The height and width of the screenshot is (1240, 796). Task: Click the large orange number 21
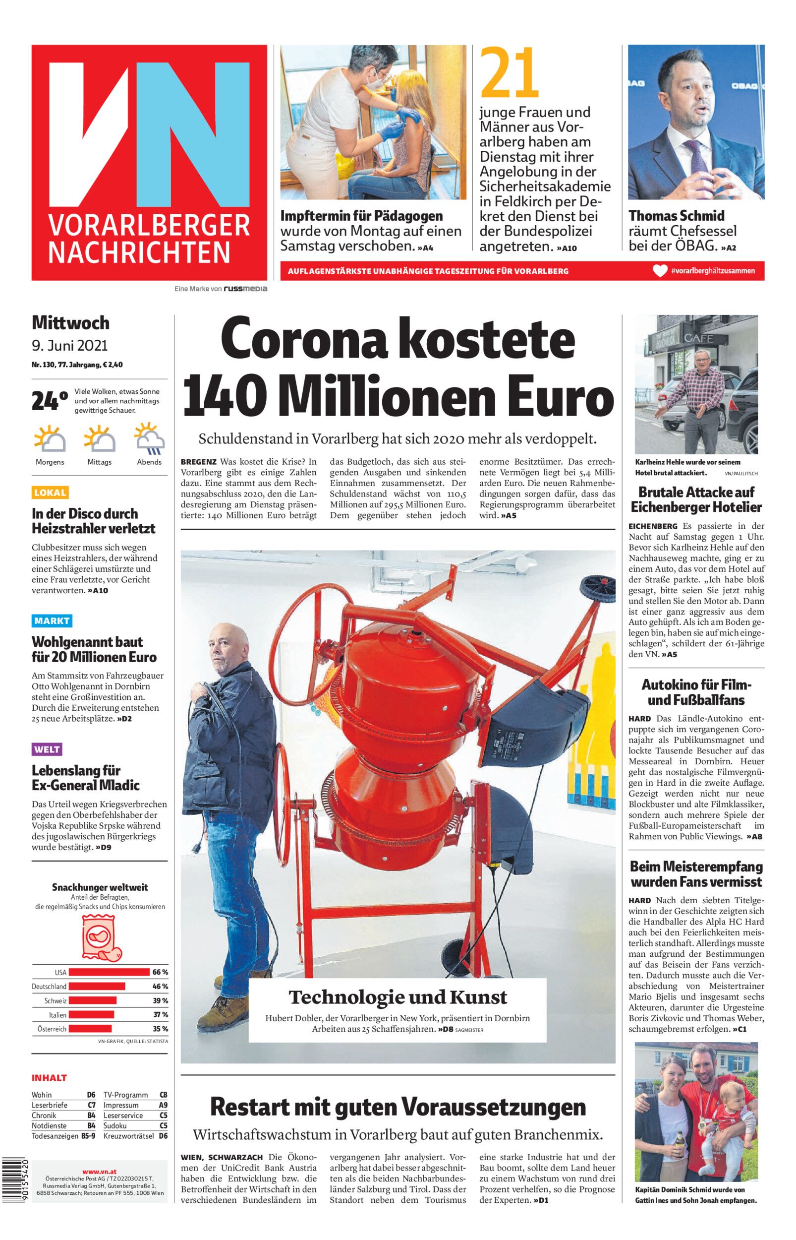click(509, 73)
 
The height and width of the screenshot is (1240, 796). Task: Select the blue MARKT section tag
click(52, 620)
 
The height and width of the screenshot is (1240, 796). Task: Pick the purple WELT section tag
click(47, 749)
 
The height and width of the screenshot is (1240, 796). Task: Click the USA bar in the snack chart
click(109, 972)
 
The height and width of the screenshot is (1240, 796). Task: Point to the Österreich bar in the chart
click(90, 1029)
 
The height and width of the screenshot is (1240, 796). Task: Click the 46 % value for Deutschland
click(160, 987)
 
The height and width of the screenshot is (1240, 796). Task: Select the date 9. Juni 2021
click(70, 345)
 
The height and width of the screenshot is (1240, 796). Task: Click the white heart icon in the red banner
click(660, 271)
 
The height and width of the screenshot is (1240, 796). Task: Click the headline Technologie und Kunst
click(398, 996)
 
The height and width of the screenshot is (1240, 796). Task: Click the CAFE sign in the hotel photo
click(698, 339)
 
